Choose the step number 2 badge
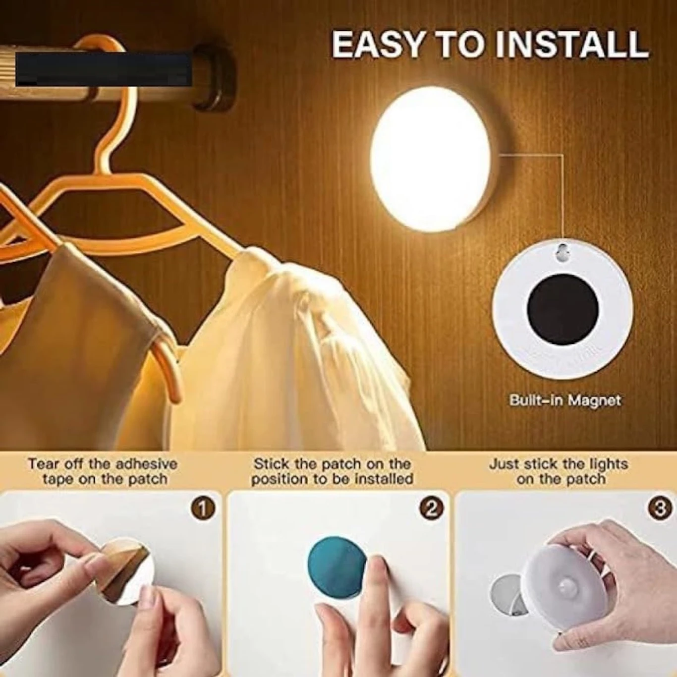tap(430, 508)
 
